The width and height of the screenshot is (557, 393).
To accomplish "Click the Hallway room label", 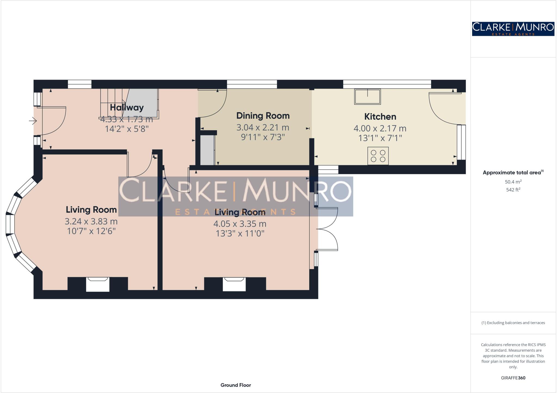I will click(127, 107).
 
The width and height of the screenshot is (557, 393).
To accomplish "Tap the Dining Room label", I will click(263, 116).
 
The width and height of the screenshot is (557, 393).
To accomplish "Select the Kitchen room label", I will click(380, 117).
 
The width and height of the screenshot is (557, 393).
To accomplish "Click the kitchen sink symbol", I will click(367, 97).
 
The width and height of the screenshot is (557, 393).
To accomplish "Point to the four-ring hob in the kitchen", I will click(378, 156).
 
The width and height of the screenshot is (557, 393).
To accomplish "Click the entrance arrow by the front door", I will click(33, 120).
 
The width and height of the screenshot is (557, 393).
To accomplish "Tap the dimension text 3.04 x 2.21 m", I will click(263, 127).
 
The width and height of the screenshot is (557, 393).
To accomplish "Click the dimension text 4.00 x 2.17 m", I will click(380, 128).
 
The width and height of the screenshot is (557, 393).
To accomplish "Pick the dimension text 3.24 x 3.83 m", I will click(91, 221).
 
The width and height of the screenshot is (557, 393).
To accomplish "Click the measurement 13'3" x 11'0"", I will click(240, 233).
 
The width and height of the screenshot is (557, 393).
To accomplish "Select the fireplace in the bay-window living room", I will click(98, 284).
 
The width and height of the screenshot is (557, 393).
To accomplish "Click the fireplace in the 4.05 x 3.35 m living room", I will click(234, 284).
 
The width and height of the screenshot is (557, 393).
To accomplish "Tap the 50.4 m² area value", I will click(513, 182).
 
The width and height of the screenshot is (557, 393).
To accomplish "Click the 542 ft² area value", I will click(513, 190).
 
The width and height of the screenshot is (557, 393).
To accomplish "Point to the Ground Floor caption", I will click(236, 385).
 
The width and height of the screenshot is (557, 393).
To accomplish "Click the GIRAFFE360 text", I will click(513, 378).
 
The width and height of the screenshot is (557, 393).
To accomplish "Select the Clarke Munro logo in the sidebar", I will click(513, 29).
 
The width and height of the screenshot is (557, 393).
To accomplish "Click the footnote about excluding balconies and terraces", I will click(513, 323).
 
